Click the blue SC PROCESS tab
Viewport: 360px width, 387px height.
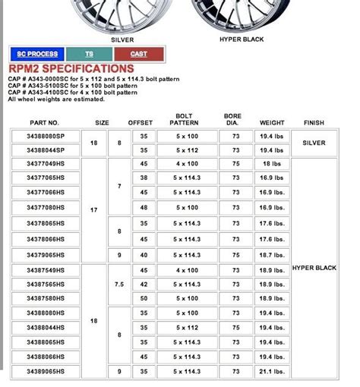coord(37,54)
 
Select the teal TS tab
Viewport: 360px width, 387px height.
coord(89,54)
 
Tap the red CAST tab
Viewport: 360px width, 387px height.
coord(138,54)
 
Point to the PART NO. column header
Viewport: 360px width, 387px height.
coord(44,122)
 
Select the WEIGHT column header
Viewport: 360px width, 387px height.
coord(272,122)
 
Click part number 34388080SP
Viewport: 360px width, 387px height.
coord(45,136)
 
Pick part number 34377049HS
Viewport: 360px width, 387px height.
coord(45,163)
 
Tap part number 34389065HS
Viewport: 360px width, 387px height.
coord(45,371)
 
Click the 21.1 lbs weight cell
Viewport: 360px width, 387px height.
coord(272,371)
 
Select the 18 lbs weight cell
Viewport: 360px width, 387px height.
coord(272,163)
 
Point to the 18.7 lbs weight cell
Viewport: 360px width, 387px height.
coord(272,256)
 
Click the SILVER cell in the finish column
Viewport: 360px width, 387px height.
coord(314,142)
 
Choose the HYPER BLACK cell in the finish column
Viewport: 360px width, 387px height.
coord(314,267)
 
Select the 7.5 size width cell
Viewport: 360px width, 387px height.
coord(118,285)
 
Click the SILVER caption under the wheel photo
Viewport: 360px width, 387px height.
coord(123,38)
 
